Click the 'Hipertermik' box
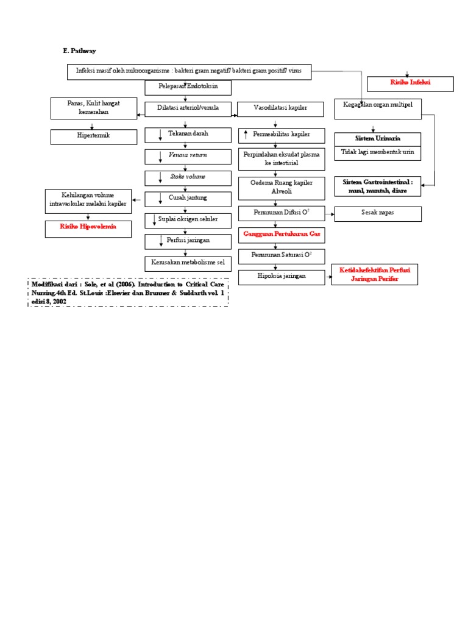click(94, 136)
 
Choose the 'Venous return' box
click(188, 156)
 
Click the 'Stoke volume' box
click(188, 177)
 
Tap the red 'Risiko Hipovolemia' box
click(88, 229)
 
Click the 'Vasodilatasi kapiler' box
click(280, 109)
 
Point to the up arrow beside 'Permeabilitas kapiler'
click(246, 134)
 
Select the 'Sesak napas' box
click(378, 213)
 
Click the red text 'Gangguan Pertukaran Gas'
click(281, 234)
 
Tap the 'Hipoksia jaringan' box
click(281, 277)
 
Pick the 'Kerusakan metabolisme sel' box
click(188, 263)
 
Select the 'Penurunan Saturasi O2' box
click(281, 255)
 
